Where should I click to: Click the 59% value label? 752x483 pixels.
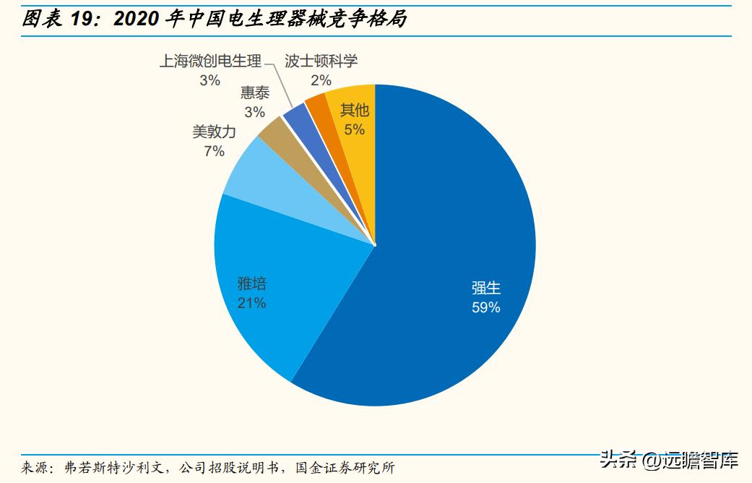[485, 307]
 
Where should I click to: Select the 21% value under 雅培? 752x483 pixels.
[251, 303]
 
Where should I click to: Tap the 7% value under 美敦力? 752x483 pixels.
[214, 151]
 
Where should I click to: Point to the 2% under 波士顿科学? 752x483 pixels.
[321, 80]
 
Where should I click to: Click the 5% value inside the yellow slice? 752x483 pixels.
[354, 130]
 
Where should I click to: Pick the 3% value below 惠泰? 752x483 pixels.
[254, 112]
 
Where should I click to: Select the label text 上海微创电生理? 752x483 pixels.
[210, 61]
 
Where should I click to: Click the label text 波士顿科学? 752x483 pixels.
[321, 61]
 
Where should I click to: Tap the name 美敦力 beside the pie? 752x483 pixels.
[214, 132]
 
